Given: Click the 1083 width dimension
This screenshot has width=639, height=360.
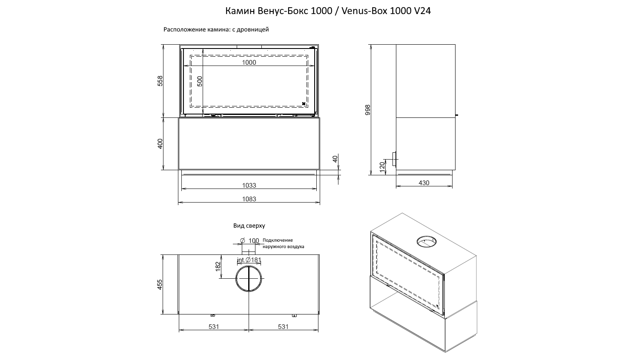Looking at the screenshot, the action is click(x=249, y=199).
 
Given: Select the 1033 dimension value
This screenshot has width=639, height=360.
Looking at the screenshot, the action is click(x=249, y=185).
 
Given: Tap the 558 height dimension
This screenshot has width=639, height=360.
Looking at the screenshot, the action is click(x=160, y=81).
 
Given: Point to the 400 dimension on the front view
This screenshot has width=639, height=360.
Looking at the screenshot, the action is click(x=160, y=144).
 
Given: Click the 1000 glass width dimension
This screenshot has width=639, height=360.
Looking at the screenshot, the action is click(x=249, y=63).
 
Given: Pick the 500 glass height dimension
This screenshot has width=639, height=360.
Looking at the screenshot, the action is click(x=200, y=81).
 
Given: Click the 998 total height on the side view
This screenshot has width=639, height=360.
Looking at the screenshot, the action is click(x=368, y=110).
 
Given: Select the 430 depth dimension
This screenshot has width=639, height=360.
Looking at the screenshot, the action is click(x=424, y=183).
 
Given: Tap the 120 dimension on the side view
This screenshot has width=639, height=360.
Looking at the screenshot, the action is click(x=383, y=167).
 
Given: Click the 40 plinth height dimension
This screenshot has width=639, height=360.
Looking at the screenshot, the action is click(x=335, y=159).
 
